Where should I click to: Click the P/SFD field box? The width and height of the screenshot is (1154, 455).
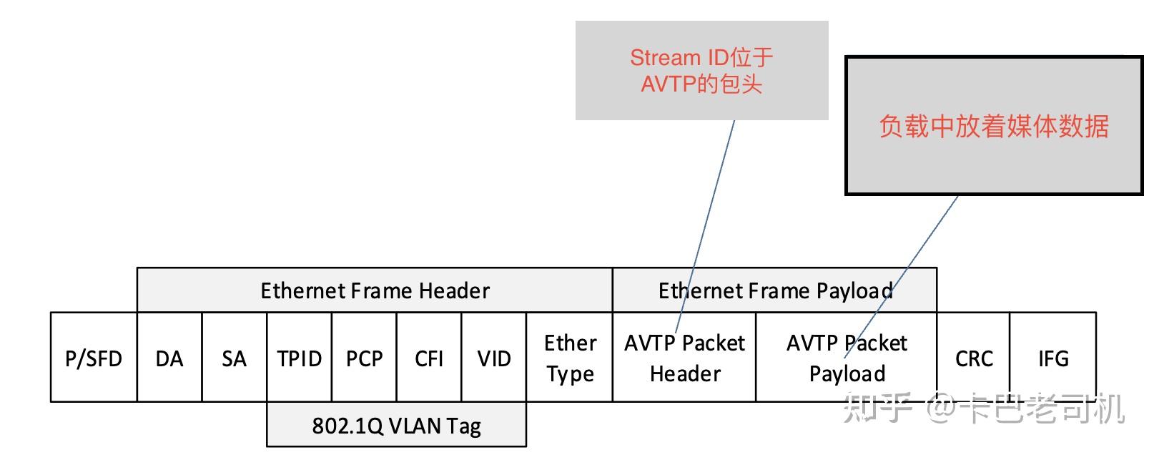94,358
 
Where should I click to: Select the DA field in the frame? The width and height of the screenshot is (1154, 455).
169,358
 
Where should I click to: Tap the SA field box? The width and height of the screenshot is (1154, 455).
234,358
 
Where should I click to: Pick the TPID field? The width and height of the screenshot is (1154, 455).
299,358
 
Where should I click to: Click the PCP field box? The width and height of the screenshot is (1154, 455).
364,358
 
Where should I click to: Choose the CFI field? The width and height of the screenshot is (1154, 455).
429,358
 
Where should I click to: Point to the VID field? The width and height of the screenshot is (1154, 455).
494,358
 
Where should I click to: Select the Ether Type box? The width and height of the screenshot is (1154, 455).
570,358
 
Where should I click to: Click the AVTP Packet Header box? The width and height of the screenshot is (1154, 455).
684,358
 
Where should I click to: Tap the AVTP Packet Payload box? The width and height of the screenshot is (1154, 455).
847,358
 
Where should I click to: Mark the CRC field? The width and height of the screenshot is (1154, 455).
974,358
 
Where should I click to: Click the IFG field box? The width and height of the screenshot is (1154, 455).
1053,358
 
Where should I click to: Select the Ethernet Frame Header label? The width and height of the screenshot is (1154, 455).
375,290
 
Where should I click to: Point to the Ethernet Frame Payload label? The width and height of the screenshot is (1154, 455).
775,290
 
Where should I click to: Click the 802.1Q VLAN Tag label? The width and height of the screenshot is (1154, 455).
397,426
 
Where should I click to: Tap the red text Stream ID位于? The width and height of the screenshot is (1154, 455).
701,57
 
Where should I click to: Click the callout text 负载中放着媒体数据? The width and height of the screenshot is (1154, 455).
993,126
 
